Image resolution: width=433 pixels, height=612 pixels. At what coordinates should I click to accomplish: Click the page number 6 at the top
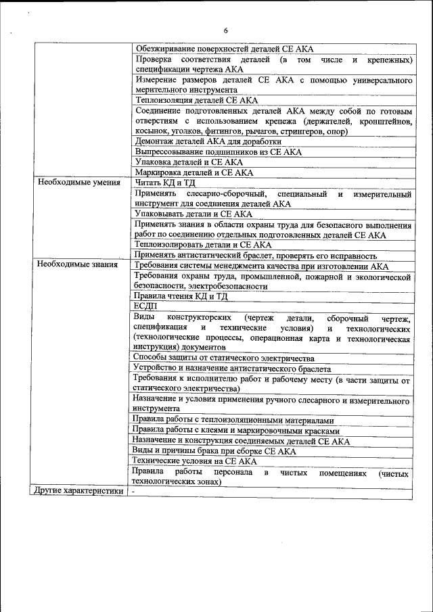coord(226,30)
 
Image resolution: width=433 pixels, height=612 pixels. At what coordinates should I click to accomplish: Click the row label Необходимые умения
coord(79,183)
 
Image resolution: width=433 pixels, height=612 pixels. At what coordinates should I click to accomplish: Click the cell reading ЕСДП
coord(145,306)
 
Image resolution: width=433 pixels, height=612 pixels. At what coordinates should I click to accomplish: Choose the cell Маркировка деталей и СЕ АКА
coord(193,172)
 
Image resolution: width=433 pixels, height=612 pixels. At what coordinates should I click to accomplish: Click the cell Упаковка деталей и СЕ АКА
coord(189,162)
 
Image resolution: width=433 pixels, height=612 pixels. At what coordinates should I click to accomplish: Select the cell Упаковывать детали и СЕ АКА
coord(193,214)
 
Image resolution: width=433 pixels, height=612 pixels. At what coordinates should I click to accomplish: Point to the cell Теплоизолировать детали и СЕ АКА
coord(203,245)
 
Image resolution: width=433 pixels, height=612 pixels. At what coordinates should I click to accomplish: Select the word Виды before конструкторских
coord(143,317)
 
